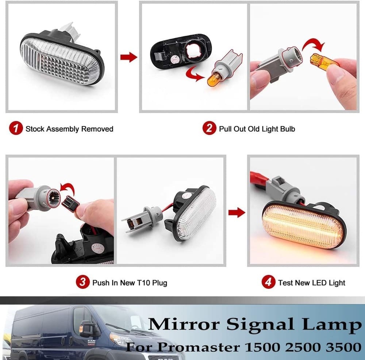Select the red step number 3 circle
click(x=82, y=282)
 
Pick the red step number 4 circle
click(x=268, y=282)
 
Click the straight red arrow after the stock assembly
click(x=128, y=57)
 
